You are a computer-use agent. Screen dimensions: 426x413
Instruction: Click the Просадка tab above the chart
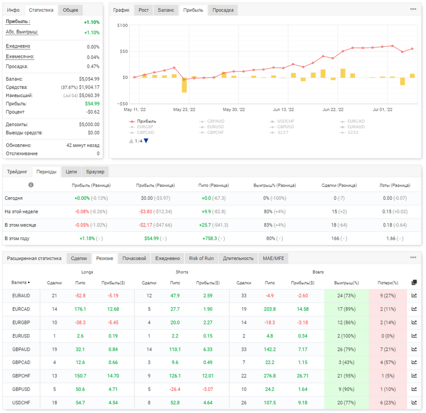(223, 10)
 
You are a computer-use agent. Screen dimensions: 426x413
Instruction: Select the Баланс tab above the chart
(166, 10)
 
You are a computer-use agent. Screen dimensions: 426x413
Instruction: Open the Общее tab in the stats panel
(70, 10)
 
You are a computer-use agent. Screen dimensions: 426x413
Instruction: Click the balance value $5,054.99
(89, 79)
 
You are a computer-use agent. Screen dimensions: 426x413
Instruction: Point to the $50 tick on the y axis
(124, 51)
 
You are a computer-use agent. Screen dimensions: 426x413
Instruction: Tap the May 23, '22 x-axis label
(184, 110)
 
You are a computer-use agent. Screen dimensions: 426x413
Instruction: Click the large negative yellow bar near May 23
(184, 85)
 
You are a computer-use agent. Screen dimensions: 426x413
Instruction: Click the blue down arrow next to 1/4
(146, 141)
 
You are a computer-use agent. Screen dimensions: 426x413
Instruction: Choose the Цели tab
(71, 172)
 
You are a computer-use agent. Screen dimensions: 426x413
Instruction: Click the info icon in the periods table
(31, 185)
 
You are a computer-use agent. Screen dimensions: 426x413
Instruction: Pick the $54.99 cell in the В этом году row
(151, 238)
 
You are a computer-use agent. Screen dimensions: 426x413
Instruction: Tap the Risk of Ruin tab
(201, 258)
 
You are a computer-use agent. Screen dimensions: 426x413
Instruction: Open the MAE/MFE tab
(274, 258)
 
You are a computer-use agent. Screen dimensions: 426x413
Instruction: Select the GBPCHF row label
(21, 376)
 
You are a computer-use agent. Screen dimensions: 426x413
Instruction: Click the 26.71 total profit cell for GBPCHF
(303, 376)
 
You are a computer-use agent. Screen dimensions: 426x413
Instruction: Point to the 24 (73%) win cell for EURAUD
(346, 296)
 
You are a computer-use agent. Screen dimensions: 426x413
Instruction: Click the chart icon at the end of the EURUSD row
(414, 336)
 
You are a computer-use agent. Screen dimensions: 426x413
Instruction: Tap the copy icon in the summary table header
(414, 282)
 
